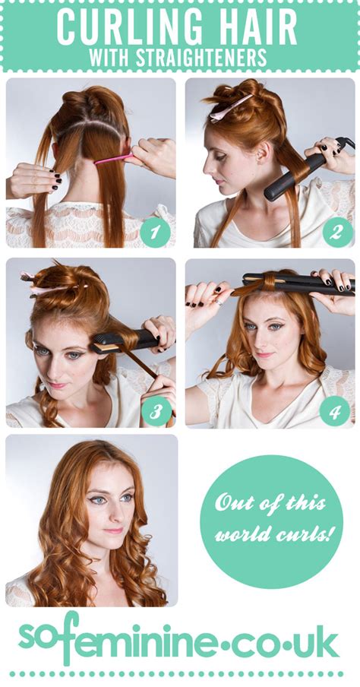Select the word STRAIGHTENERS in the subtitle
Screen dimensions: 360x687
pos(201,58)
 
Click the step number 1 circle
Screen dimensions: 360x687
pos(155,233)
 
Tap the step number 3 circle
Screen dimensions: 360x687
pos(156,411)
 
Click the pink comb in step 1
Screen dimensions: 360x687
pos(115,158)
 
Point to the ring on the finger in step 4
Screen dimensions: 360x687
pos(218,302)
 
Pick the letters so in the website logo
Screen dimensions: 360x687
pos(33,637)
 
